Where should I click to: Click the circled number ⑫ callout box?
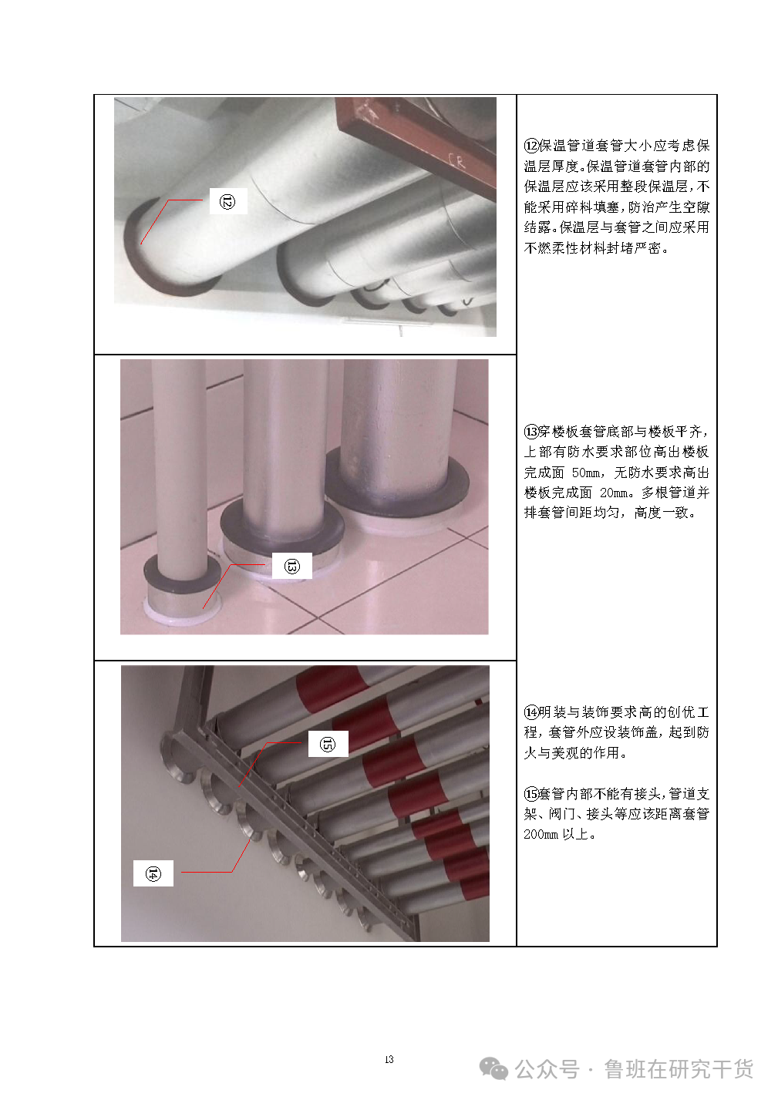[228, 201]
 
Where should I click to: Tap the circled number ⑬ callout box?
[292, 566]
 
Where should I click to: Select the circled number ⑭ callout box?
[153, 873]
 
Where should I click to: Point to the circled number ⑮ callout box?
[328, 743]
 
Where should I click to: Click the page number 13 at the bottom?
[389, 1059]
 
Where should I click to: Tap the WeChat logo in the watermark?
[493, 1069]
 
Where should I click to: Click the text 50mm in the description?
[586, 473]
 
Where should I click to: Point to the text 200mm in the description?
[541, 834]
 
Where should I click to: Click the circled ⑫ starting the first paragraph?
[531, 146]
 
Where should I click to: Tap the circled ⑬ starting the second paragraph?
[531, 432]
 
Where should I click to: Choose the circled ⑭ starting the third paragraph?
[531, 712]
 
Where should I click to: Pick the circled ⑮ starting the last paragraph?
[531, 793]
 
